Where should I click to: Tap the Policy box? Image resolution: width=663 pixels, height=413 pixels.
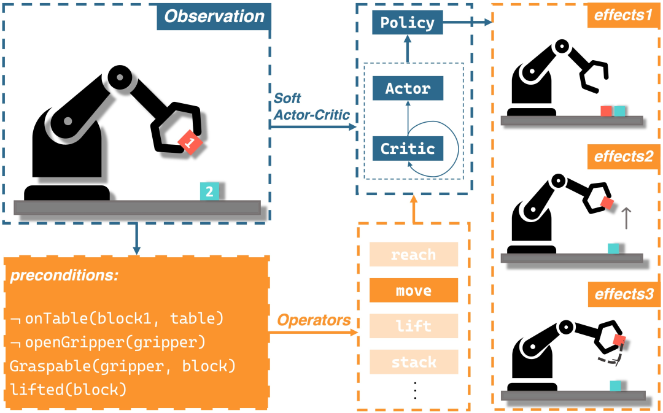coord(408,23)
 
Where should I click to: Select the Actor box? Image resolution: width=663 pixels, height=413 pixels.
coord(408,88)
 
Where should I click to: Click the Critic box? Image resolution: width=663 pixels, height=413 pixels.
coord(408,148)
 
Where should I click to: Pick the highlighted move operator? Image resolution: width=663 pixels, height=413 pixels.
coord(414,290)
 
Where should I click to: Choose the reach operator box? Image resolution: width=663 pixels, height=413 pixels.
coord(414,254)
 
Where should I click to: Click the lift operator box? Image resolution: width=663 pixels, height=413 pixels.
coord(414,326)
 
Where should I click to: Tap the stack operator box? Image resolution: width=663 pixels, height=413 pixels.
coord(414,362)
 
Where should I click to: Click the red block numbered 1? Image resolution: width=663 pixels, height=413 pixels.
coord(190,142)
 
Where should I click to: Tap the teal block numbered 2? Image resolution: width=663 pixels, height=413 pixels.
coord(209,191)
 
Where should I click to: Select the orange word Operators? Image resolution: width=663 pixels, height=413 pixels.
coord(314,320)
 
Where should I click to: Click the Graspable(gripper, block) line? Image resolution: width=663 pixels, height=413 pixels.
coord(123,366)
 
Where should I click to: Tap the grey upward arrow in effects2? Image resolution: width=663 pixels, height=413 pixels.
coord(626,218)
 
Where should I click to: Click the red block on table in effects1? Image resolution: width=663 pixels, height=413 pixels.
coord(607,111)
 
